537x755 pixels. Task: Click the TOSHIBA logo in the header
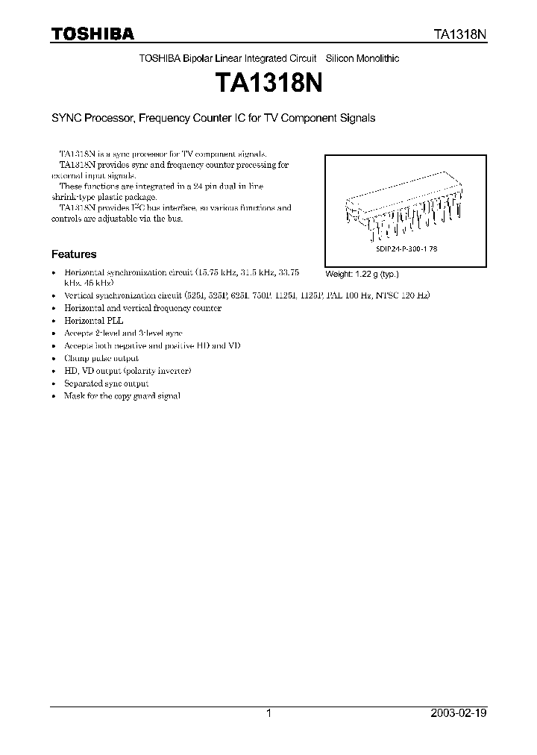click(x=92, y=34)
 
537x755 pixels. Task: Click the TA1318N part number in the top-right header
click(x=461, y=34)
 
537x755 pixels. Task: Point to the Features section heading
click(x=73, y=254)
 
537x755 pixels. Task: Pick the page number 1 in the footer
click(x=268, y=713)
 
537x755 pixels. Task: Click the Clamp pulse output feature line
click(x=101, y=358)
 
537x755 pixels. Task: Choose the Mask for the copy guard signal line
click(x=122, y=396)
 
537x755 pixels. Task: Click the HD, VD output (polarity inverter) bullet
click(x=128, y=371)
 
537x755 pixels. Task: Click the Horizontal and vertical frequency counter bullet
click(x=143, y=307)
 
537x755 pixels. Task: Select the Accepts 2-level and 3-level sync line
click(x=123, y=333)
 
